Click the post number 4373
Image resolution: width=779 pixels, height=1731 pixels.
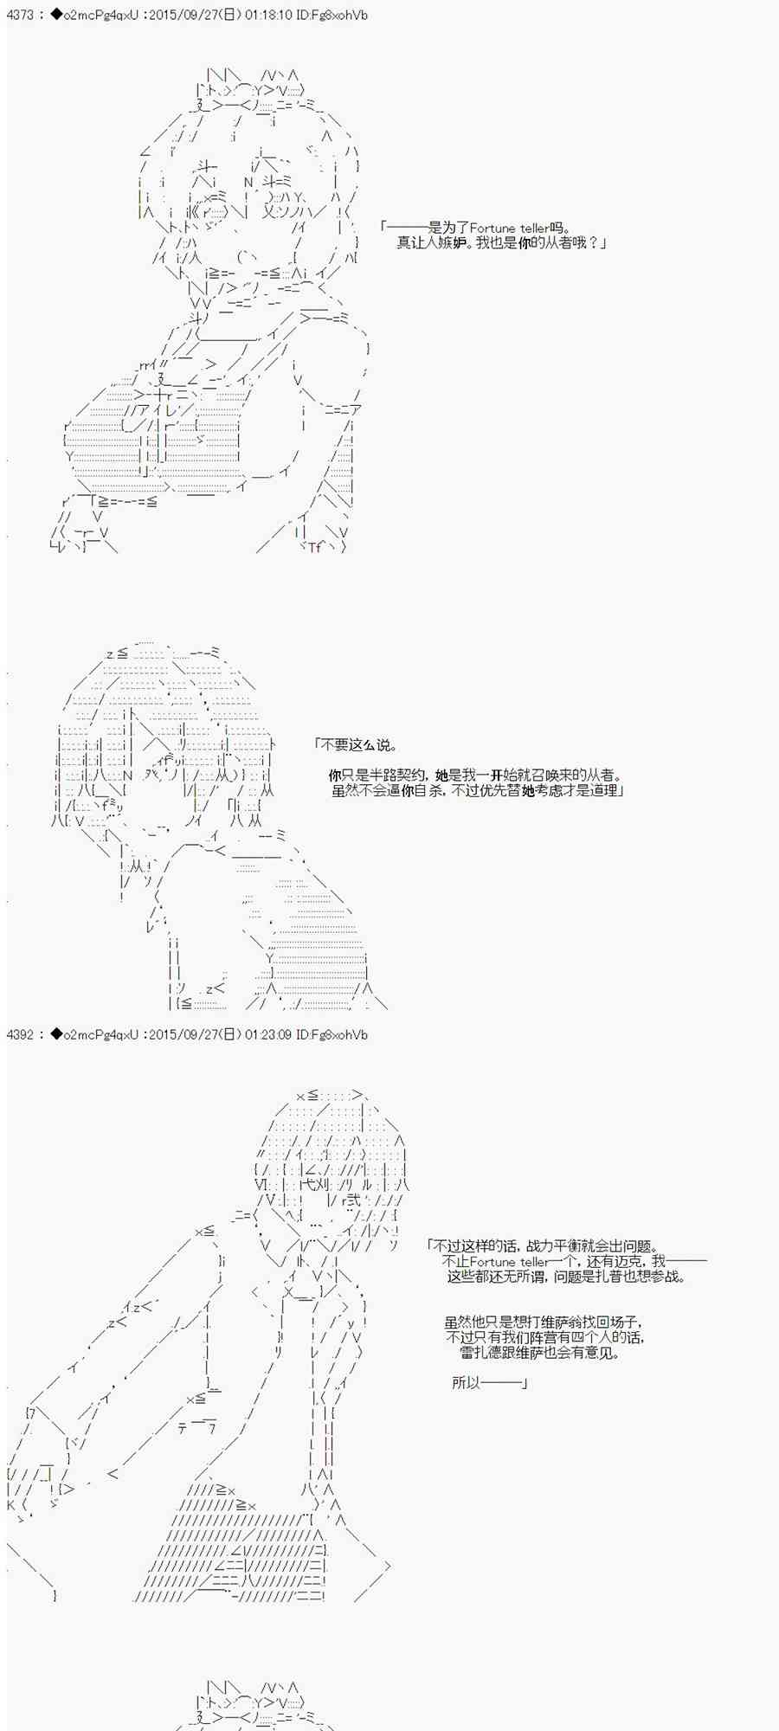point(20,16)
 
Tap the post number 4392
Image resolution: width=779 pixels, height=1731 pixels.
point(20,1034)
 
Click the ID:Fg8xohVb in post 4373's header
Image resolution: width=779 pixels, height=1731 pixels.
point(333,16)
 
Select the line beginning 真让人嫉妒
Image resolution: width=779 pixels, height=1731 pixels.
point(501,243)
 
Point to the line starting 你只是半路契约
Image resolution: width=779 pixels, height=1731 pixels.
point(475,775)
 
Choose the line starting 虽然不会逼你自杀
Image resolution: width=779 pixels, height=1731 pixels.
point(477,791)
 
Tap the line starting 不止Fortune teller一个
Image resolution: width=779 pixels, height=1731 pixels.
point(574,1261)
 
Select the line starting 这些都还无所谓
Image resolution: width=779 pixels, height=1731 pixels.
point(566,1277)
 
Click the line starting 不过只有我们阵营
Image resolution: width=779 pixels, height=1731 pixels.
point(545,1338)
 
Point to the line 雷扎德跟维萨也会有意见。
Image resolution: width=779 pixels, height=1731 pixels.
point(540,1354)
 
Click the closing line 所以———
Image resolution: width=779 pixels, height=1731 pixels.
point(490,1383)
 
